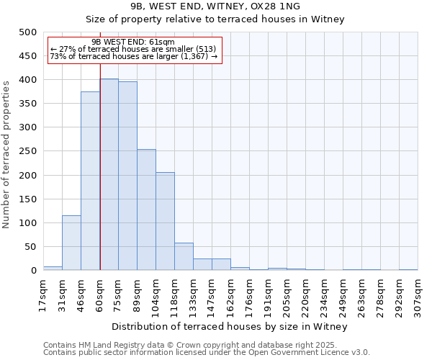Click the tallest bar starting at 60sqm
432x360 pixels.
(109, 174)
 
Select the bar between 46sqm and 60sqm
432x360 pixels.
(90, 181)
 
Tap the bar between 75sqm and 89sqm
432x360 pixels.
(127, 176)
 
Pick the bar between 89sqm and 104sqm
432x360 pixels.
(146, 210)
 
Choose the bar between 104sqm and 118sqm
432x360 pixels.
(165, 221)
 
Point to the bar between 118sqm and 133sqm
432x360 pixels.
(184, 256)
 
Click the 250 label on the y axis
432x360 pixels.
(27, 151)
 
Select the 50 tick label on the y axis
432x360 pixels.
(30, 247)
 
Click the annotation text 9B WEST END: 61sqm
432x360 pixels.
(133, 42)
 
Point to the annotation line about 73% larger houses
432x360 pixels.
(133, 56)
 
